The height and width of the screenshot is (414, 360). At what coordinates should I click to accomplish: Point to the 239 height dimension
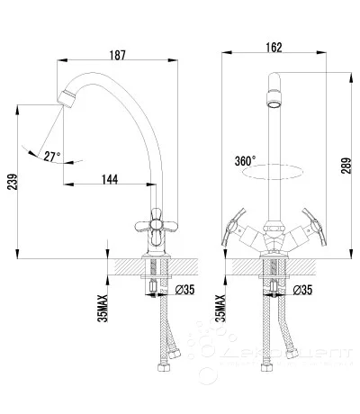tap(11, 185)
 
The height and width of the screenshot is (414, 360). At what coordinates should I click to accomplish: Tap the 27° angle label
tap(52, 156)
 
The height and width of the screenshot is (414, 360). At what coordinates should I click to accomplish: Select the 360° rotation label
tap(244, 159)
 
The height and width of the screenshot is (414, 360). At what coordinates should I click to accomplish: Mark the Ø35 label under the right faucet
tap(302, 289)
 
